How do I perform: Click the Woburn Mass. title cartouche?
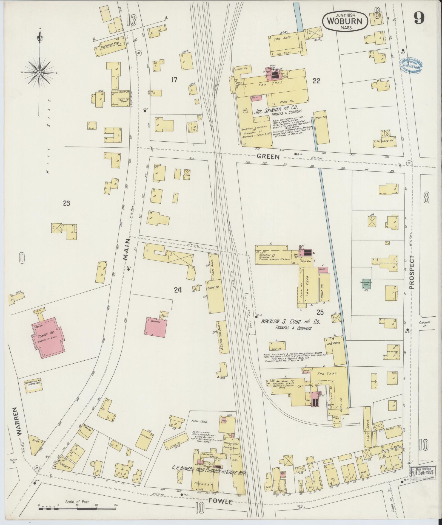tap(346, 21)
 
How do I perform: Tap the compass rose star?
tap(39, 72)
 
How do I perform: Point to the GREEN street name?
tap(268, 157)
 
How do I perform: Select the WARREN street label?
tap(18, 425)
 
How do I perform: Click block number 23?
tap(66, 203)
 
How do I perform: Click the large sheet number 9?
tap(419, 18)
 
